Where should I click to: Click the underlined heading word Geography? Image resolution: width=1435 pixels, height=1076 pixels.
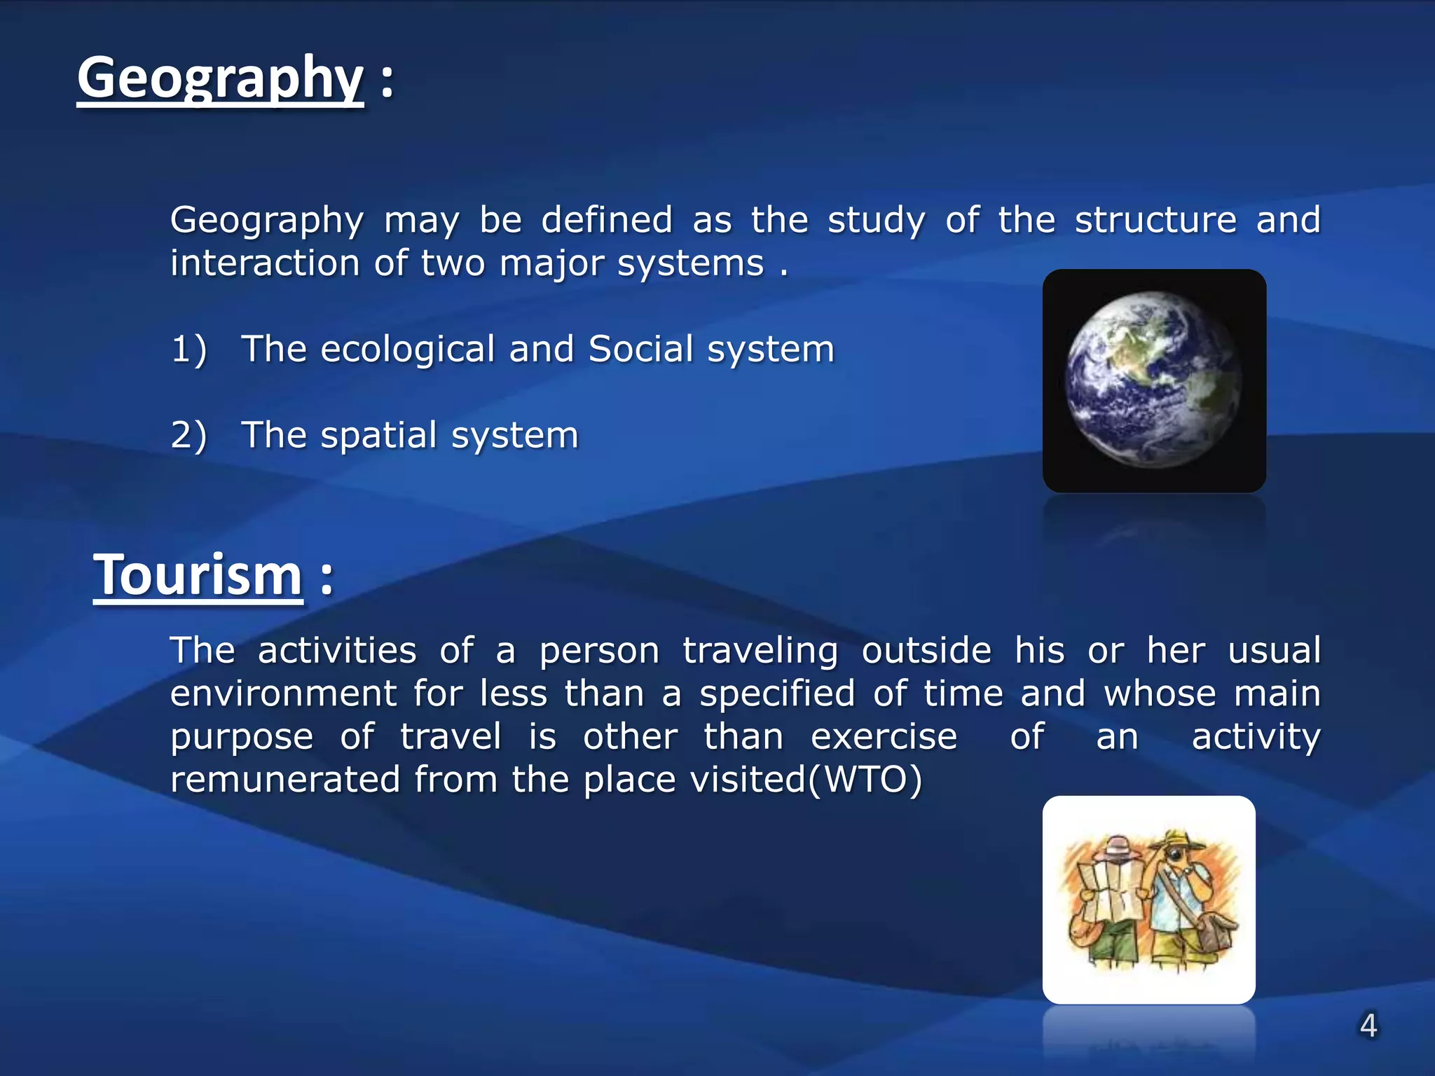(x=220, y=78)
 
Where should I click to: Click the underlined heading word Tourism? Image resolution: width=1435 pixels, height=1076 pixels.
(x=198, y=575)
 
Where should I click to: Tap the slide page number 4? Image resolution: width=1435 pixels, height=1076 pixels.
(x=1368, y=1026)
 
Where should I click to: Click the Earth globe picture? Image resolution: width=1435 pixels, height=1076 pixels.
(x=1154, y=380)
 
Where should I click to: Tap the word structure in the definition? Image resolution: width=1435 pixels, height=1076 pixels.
(x=1155, y=220)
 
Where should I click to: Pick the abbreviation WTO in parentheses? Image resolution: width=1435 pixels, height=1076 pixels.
(x=865, y=780)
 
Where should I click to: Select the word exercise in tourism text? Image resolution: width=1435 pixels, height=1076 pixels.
(x=884, y=737)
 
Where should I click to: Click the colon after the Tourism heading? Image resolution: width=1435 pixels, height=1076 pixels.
(x=327, y=579)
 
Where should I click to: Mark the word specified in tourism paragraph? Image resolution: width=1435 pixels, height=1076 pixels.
(x=777, y=694)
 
